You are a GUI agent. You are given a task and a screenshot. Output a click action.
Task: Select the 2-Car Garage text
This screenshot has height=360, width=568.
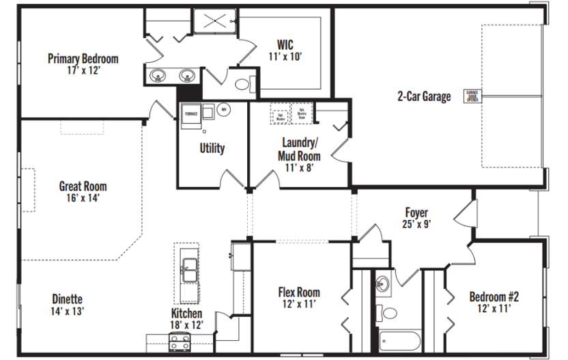pyautogui.click(x=424, y=96)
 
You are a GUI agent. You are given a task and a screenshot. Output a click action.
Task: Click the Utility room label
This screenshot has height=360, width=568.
pyautogui.click(x=212, y=148)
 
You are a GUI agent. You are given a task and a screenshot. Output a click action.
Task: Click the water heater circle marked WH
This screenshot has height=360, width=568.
pyautogui.click(x=223, y=109)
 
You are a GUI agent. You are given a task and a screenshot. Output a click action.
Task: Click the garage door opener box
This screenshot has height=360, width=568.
pyautogui.click(x=472, y=95)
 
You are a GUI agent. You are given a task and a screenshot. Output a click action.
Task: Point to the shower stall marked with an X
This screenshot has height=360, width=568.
pyautogui.click(x=214, y=22)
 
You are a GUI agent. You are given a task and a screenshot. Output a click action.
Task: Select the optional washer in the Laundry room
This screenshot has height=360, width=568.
pyautogui.click(x=280, y=113)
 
